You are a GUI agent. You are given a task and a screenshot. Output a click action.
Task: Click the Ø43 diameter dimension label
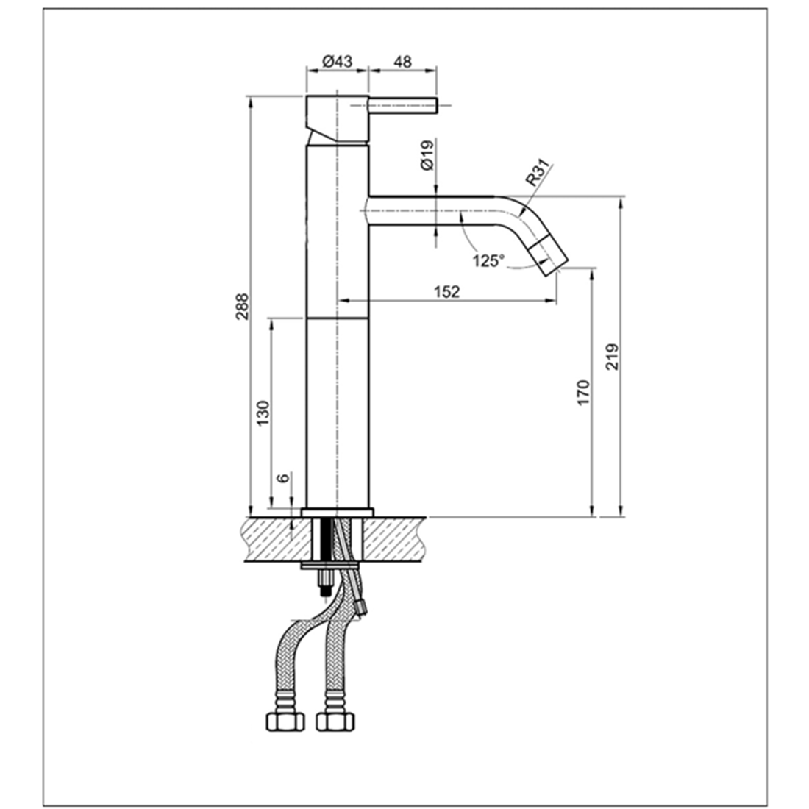point(338,61)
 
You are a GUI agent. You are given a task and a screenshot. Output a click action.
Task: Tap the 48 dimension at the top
point(402,61)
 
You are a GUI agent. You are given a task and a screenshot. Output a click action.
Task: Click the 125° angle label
point(488,260)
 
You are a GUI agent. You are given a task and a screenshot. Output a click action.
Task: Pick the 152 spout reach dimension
point(446,291)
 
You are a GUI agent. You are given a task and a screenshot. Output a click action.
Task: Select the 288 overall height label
point(242,307)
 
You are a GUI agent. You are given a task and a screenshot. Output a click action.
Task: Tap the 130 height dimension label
point(263,413)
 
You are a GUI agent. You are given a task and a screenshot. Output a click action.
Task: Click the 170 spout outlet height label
point(582,393)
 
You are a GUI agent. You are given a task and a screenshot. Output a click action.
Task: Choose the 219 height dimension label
point(612,357)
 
